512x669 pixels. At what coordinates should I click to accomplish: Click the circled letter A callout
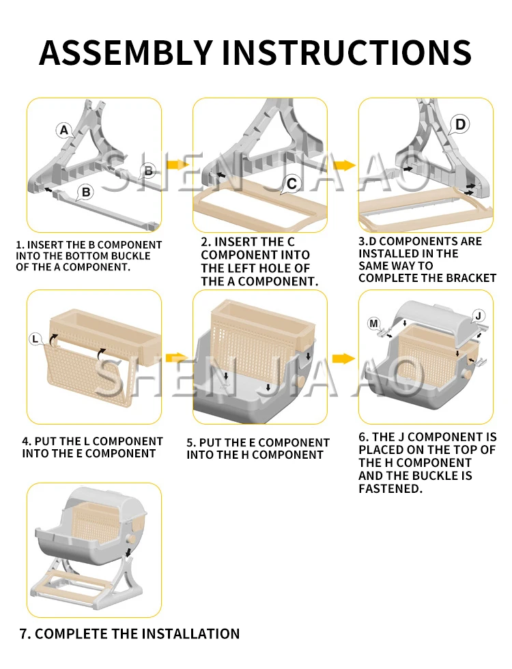(x=64, y=130)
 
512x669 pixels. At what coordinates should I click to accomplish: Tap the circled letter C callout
(x=292, y=184)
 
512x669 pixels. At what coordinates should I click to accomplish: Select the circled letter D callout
(x=460, y=124)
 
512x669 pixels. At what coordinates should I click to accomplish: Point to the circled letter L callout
(x=35, y=340)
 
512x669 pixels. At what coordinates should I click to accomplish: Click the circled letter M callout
(x=374, y=324)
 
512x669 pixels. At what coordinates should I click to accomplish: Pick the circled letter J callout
(x=479, y=316)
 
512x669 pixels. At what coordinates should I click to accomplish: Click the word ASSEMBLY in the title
(x=126, y=53)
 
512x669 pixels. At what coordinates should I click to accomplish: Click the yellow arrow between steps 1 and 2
(x=177, y=165)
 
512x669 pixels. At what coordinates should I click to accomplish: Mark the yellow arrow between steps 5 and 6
(x=343, y=359)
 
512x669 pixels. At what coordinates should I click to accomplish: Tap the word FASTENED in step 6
(x=390, y=489)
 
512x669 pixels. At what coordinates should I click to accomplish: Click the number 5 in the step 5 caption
(x=190, y=443)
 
